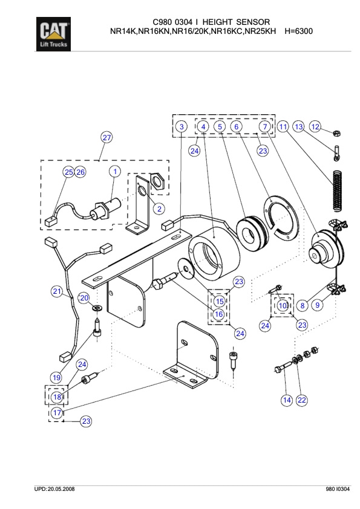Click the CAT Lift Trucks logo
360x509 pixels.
[54, 34]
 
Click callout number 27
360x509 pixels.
[106, 138]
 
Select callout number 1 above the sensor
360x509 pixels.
[114, 172]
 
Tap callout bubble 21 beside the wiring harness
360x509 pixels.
[57, 292]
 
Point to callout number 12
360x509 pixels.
[315, 126]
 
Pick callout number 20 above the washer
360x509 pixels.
[84, 297]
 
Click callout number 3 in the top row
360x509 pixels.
[181, 126]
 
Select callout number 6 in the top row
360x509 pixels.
[237, 126]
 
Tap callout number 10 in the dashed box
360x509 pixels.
[283, 306]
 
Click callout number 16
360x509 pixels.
[219, 314]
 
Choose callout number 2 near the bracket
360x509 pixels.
[159, 209]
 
